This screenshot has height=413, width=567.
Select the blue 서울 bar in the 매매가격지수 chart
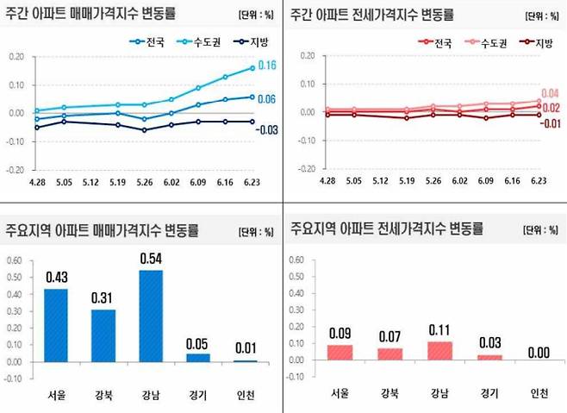pos(56,325)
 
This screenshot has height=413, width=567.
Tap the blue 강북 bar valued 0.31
pos(103,335)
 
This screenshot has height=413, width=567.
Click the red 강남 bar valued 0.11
pos(439,351)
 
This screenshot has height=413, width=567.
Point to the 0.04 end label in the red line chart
pos(550,93)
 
